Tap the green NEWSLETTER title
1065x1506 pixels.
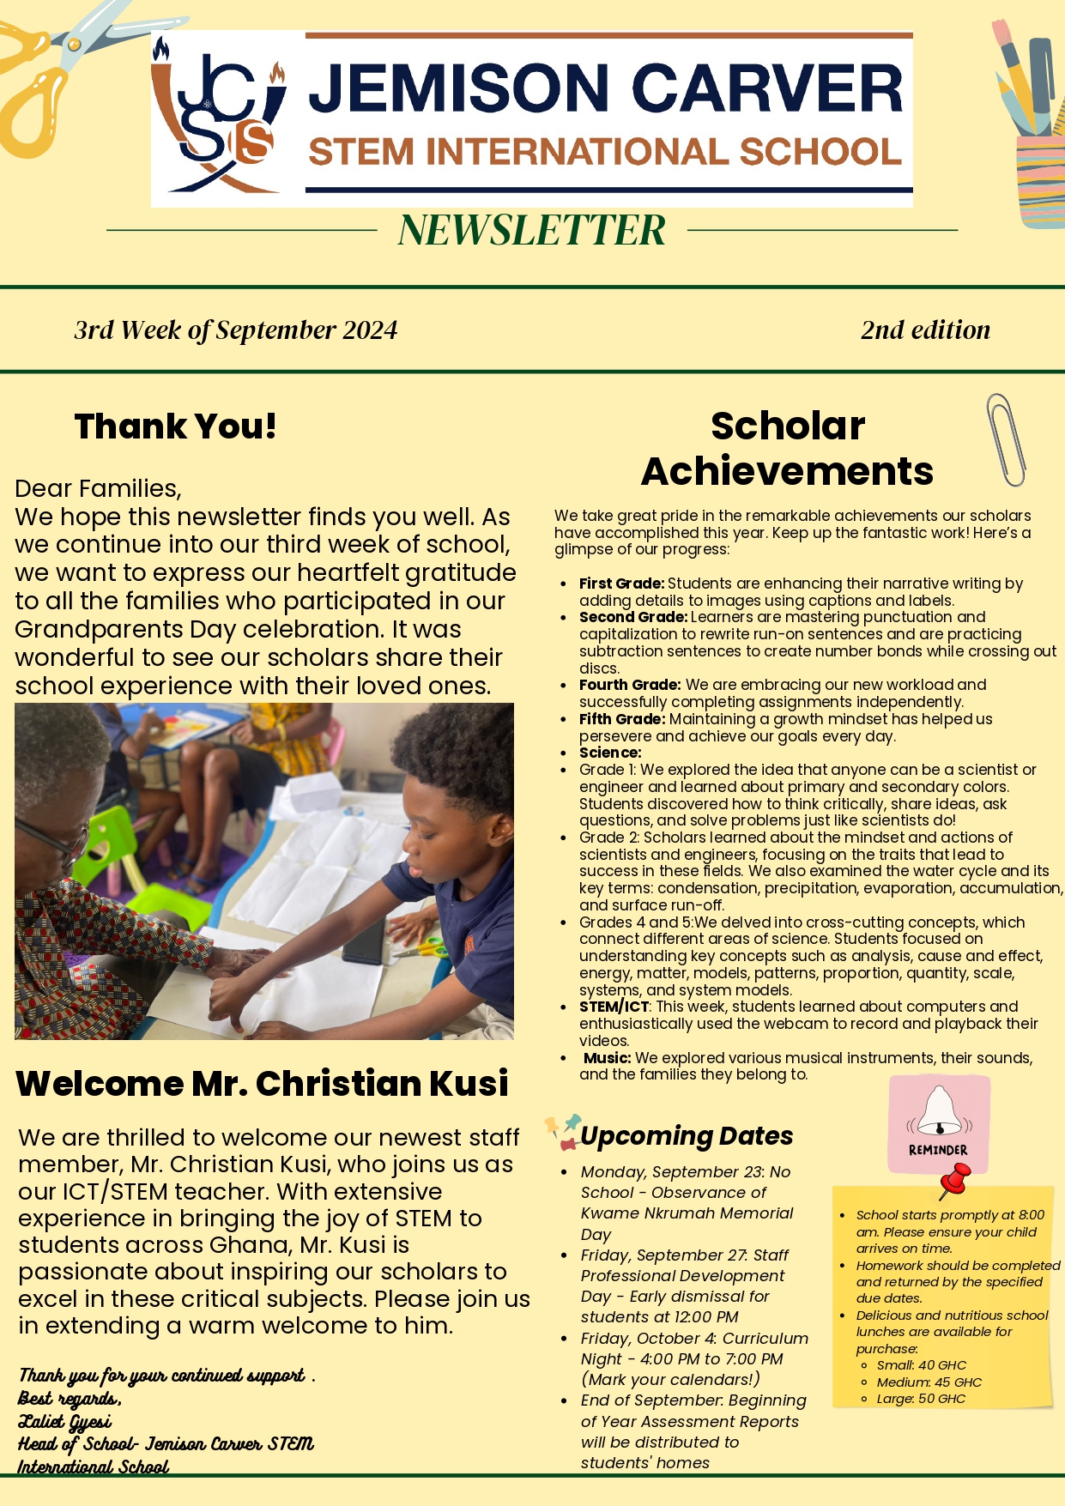(532, 230)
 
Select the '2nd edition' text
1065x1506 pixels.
(925, 330)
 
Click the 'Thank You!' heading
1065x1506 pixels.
(176, 426)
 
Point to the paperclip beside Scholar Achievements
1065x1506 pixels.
(1006, 439)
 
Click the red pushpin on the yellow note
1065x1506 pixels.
(954, 1180)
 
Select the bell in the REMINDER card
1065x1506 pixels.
(939, 1111)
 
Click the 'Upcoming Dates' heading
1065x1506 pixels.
(687, 1136)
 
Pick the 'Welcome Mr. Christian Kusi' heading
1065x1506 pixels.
(262, 1084)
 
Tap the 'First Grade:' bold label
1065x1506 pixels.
(621, 584)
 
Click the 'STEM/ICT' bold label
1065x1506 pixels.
(614, 1007)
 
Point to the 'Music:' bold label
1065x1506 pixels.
(607, 1058)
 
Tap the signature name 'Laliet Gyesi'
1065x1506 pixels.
(65, 1423)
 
